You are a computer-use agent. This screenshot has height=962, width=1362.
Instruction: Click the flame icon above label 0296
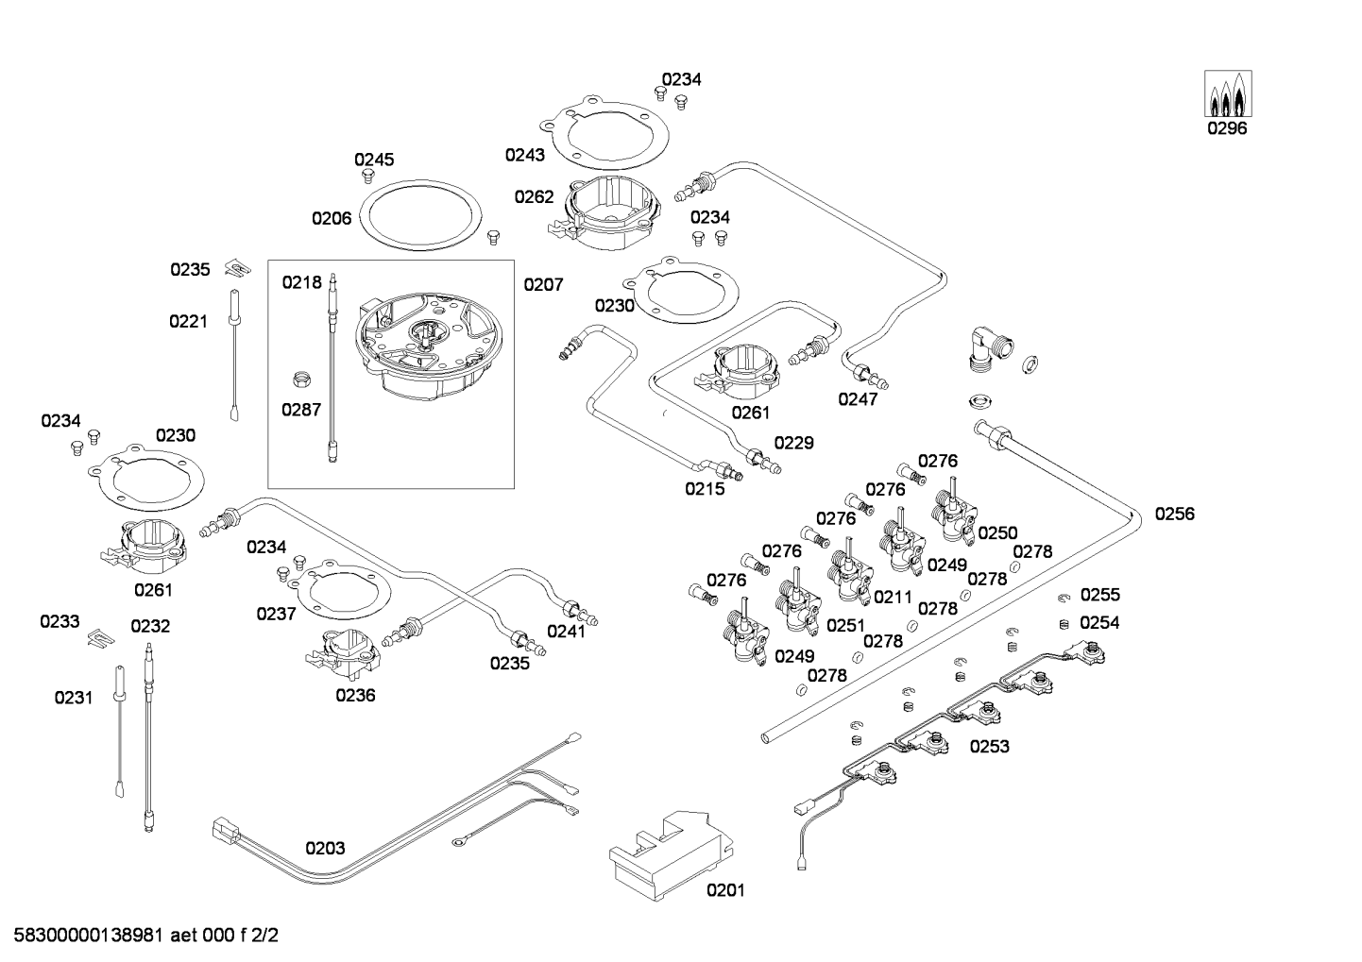[x=1228, y=93]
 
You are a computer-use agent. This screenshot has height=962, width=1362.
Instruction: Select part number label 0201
[x=725, y=890]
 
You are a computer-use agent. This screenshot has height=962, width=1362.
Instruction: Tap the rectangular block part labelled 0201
[x=671, y=854]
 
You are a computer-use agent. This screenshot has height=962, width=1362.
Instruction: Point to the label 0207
[x=543, y=284]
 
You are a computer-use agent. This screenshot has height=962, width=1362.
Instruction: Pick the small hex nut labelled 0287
[x=299, y=380]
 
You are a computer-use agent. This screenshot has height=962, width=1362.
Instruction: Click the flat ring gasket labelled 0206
[x=420, y=214]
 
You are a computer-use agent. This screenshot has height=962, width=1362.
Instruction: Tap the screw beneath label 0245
[x=367, y=177]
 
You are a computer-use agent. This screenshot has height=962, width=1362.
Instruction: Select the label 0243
[x=525, y=155]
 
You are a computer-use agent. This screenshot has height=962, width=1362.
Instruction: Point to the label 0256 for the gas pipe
[x=1175, y=515]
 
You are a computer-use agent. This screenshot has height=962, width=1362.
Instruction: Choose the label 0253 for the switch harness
[x=989, y=746]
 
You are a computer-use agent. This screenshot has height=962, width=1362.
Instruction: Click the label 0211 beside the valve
[x=893, y=598]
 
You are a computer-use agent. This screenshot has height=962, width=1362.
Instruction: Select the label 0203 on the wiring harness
[x=325, y=848]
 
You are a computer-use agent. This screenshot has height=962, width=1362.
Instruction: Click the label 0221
[x=189, y=322]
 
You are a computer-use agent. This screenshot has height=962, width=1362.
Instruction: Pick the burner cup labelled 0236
[x=344, y=653]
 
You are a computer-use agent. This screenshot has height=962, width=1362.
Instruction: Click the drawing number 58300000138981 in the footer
[x=89, y=936]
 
